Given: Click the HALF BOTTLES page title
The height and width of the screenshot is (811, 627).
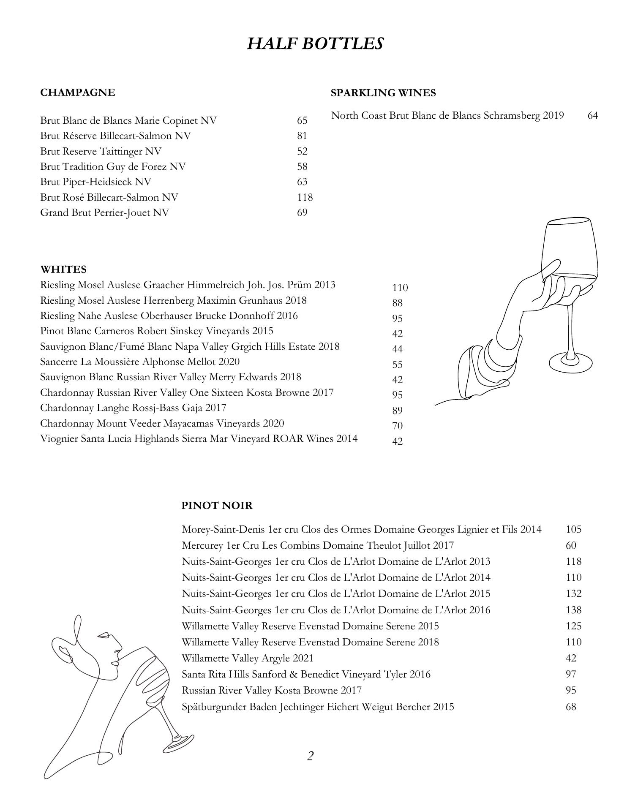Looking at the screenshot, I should click(315, 44).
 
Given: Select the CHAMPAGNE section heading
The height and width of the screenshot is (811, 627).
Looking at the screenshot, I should click(77, 93).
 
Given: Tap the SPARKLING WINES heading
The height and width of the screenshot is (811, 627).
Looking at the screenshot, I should click(383, 93).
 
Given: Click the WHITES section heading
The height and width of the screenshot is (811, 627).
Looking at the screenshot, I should click(63, 269).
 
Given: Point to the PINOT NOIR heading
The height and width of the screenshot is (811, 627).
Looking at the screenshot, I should click(217, 505).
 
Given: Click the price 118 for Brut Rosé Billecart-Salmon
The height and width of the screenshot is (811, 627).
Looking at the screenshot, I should click(305, 197).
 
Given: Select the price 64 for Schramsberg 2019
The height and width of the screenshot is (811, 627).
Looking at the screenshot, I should click(592, 115).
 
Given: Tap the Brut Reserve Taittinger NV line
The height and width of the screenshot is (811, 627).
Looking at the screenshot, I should click(101, 151).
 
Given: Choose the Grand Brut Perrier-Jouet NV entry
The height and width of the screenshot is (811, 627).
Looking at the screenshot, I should click(104, 212).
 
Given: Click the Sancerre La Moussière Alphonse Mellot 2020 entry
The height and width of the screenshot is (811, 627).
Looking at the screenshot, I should click(140, 362).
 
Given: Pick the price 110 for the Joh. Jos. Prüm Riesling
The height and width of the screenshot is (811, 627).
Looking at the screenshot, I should click(400, 288).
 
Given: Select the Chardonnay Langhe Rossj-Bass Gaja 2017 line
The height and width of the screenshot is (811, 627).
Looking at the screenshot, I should click(133, 408).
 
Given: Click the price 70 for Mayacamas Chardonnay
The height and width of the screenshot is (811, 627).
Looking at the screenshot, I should click(397, 426).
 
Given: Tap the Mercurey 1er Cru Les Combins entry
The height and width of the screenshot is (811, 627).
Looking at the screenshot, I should click(317, 545).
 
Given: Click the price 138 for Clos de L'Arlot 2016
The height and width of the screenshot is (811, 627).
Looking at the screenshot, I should click(573, 610).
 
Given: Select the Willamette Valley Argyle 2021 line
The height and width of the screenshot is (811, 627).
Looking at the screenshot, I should click(247, 658).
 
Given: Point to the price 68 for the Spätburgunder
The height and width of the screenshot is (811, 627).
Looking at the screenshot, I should click(571, 707).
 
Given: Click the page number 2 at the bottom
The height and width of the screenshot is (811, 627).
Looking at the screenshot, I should click(310, 756).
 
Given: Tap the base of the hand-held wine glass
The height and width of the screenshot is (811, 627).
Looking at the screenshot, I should click(570, 362).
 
